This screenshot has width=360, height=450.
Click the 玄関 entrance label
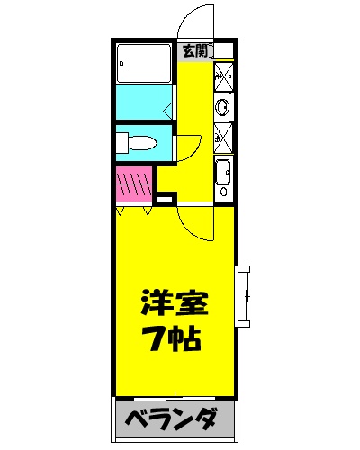[x=193, y=49]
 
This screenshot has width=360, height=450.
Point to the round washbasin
[x=223, y=109]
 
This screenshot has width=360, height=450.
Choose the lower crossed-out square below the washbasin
[x=224, y=138]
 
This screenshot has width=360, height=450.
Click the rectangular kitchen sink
[x=223, y=171]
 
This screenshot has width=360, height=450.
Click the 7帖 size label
[x=175, y=339]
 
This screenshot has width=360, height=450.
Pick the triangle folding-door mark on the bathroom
[x=168, y=111]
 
